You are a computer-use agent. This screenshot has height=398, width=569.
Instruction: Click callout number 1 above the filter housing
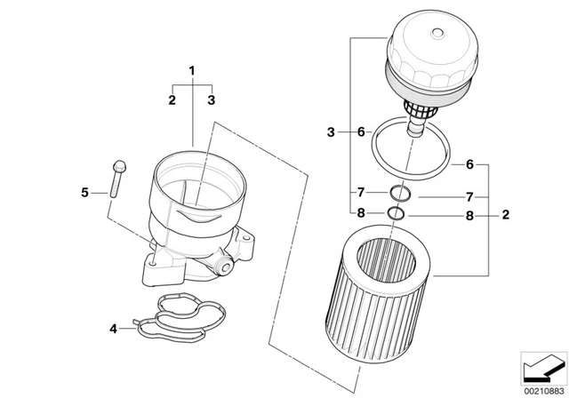190,68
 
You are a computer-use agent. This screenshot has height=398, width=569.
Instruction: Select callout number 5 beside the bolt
85,192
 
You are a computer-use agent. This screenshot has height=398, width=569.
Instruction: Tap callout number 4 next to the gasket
113,330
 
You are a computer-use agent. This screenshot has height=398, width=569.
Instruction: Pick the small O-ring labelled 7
398,193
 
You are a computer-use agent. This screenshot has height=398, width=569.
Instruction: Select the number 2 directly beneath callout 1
172,100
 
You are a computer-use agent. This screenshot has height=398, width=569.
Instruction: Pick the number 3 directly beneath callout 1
212,100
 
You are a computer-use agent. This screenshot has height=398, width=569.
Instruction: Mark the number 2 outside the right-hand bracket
506,214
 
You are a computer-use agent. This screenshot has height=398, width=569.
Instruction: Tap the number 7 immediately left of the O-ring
360,193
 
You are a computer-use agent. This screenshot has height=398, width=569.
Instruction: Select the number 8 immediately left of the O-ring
360,213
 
